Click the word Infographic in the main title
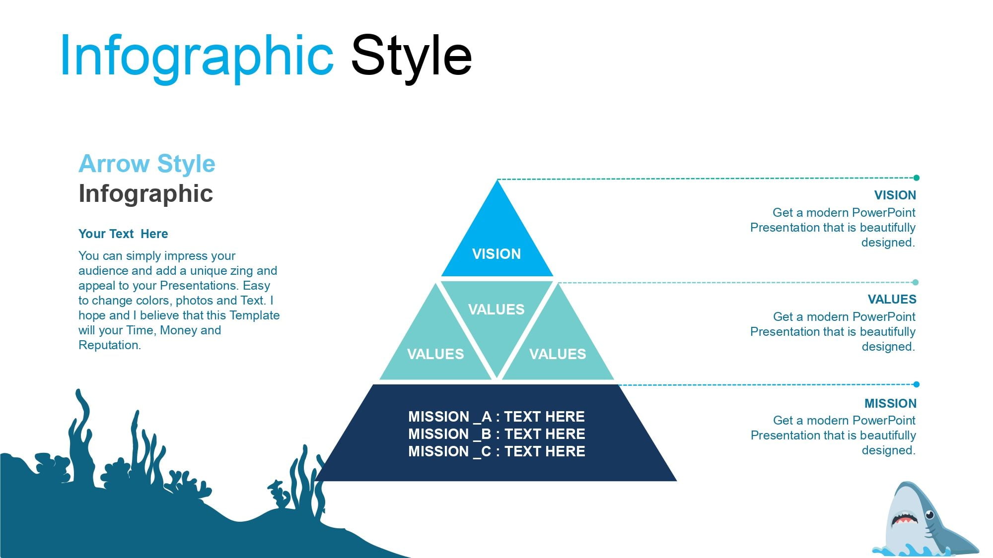[x=197, y=56]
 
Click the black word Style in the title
[x=412, y=56]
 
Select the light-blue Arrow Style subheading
[x=147, y=164]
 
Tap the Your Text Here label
[x=123, y=234]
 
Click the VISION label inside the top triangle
[x=496, y=254]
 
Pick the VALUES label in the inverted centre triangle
[x=496, y=310]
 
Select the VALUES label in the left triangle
[x=435, y=354]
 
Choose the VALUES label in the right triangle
[x=558, y=354]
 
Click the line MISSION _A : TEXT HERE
[x=496, y=417]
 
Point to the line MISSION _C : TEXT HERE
[x=496, y=451]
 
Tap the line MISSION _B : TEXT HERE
[x=496, y=434]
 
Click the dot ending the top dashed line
[x=917, y=178]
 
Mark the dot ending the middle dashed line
[x=916, y=282]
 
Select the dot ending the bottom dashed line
[x=917, y=384]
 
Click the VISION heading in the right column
[x=895, y=195]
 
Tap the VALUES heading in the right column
[x=892, y=300]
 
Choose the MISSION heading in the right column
[x=891, y=404]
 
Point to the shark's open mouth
[x=905, y=519]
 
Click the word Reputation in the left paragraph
[x=110, y=345]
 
